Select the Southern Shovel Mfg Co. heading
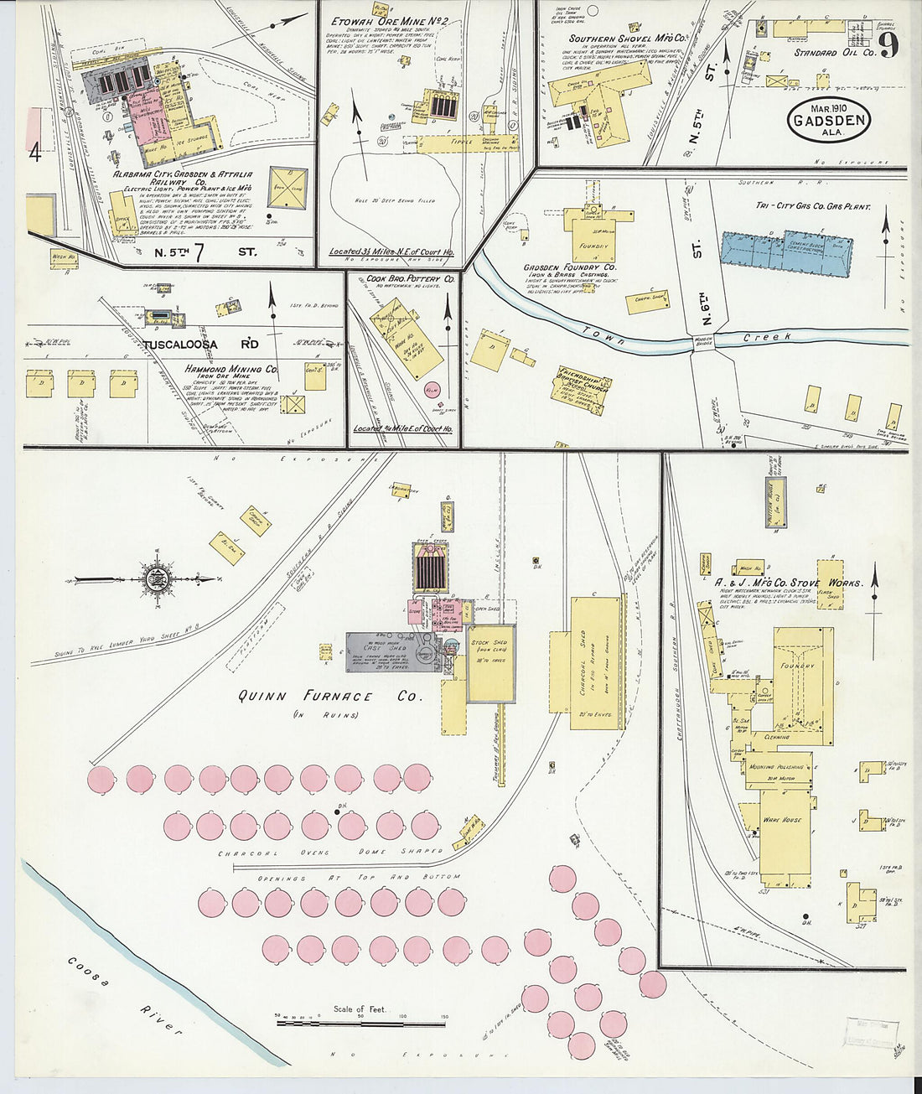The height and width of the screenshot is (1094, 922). point(628,39)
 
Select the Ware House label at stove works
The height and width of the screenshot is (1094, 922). point(781,819)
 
